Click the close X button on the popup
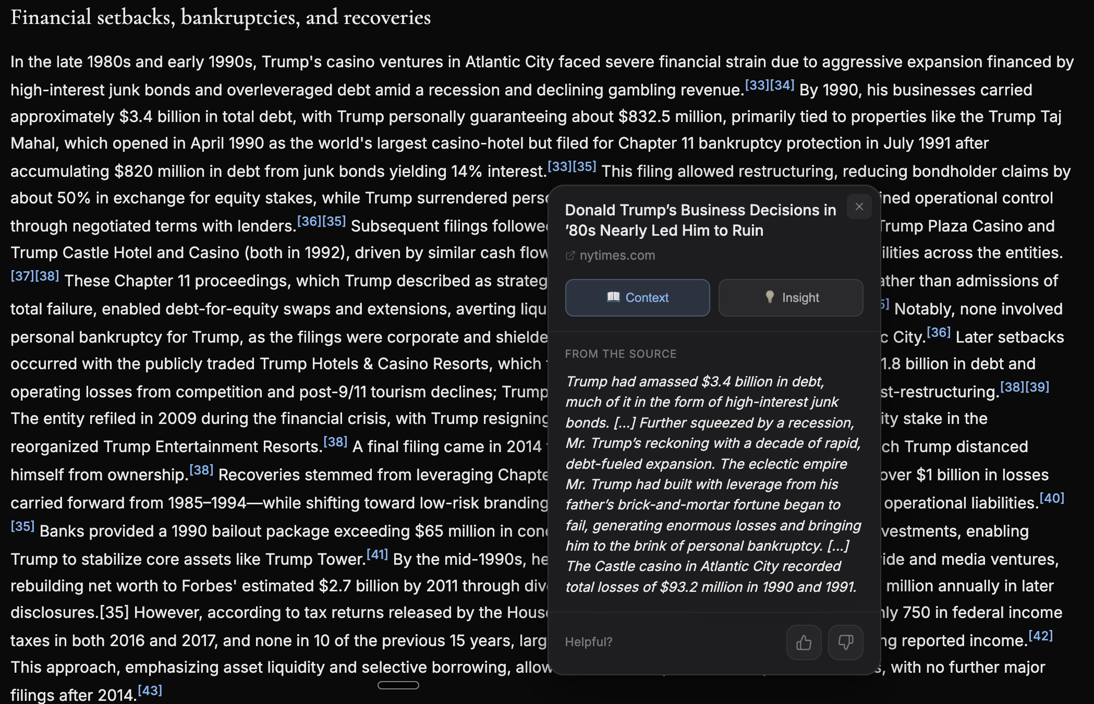pos(859,207)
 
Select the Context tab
pos(637,298)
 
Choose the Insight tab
pos(791,298)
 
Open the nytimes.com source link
pos(617,256)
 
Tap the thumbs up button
pos(804,642)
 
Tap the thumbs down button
pos(845,642)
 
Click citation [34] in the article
pos(782,85)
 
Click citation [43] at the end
pos(150,691)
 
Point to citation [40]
pos(1052,499)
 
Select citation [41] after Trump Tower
pos(377,554)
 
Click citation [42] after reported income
pos(1040,636)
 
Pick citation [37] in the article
pos(22,276)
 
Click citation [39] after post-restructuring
pos(1037,387)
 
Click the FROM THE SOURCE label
pos(621,354)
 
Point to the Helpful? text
pos(589,642)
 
